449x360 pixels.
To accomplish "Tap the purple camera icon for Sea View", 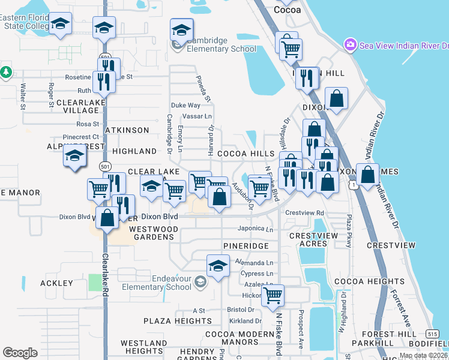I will click(349, 45).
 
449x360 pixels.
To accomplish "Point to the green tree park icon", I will click(6, 72).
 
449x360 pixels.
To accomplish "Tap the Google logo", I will click(20, 353).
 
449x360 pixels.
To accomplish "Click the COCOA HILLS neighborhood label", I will click(246, 154).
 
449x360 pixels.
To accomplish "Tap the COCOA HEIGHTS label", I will click(361, 281).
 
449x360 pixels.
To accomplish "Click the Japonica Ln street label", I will click(256, 229).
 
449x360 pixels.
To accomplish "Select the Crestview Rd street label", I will click(304, 213).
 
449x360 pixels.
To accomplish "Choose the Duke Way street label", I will click(185, 105).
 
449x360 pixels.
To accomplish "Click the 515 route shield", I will click(433, 333).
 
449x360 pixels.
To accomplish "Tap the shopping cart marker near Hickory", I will click(273, 295).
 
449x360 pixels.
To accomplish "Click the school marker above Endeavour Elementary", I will click(218, 265).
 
